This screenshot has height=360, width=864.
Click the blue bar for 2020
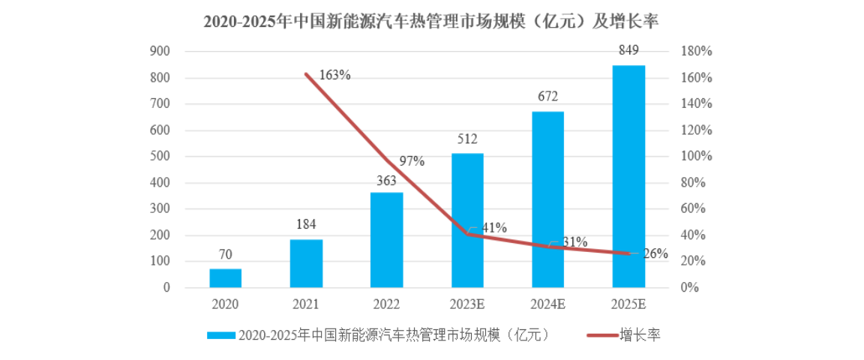[x=225, y=278]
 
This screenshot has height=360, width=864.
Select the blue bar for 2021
[x=306, y=264]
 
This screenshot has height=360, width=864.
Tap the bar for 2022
[x=386, y=240]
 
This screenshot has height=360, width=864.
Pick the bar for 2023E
[x=467, y=220]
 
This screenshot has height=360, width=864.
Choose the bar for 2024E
[x=547, y=199]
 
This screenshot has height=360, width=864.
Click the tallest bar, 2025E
[x=628, y=176]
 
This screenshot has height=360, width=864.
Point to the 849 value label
[x=628, y=51]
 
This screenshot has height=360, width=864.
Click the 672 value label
[x=547, y=97]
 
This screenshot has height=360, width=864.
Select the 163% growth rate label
[x=334, y=75]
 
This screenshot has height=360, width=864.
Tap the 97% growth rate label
[x=412, y=161]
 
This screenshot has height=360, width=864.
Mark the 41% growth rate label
[x=493, y=227]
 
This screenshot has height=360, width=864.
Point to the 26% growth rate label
[x=655, y=253]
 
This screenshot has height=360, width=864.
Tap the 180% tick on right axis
[x=696, y=52]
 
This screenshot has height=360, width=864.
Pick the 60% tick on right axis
[x=693, y=209]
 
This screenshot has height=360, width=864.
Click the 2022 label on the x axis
[x=386, y=304]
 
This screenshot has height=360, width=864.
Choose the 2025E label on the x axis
[x=628, y=304]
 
